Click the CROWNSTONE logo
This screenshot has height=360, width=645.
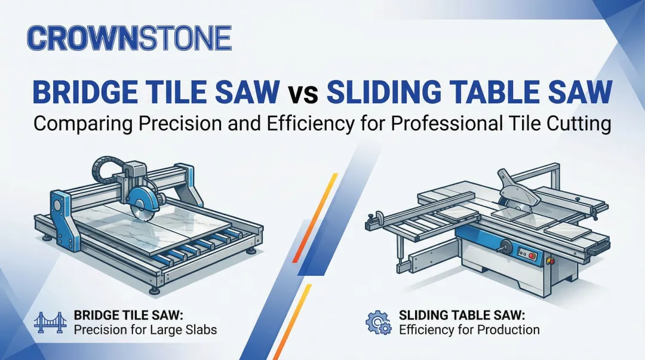tap(129, 38)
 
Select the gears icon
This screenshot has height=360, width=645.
tap(378, 322)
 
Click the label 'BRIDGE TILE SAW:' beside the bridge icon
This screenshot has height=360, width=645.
tap(124, 314)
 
